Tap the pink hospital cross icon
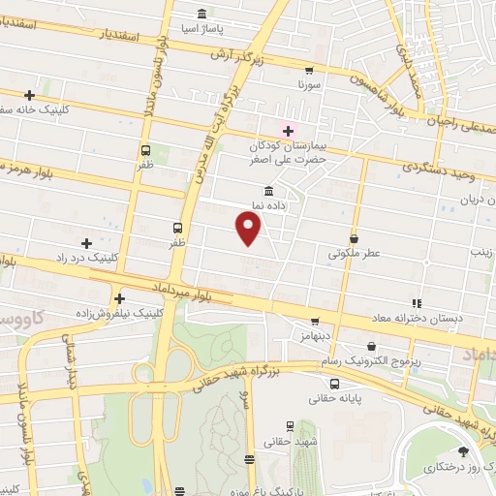[x=288, y=130]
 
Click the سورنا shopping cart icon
[x=309, y=70]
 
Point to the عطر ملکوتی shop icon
[x=354, y=238]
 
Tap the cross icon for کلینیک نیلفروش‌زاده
[x=120, y=299]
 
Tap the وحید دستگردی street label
[x=446, y=170]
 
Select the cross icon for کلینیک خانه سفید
[x=30, y=95]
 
